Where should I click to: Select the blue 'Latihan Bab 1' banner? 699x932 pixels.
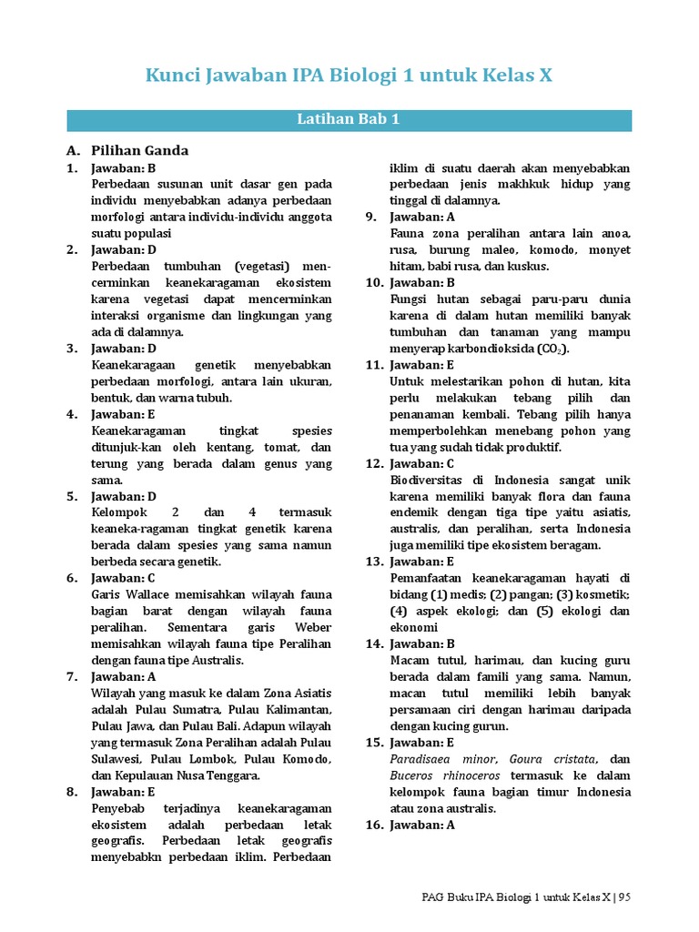(x=349, y=120)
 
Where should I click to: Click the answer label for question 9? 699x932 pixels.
(x=422, y=217)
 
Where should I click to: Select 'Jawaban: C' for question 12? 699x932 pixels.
(x=422, y=463)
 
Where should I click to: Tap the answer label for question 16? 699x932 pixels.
(x=422, y=825)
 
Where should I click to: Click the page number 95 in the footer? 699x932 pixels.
(x=624, y=897)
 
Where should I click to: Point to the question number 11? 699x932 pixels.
(x=373, y=365)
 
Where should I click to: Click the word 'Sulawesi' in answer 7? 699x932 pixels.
(x=117, y=759)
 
